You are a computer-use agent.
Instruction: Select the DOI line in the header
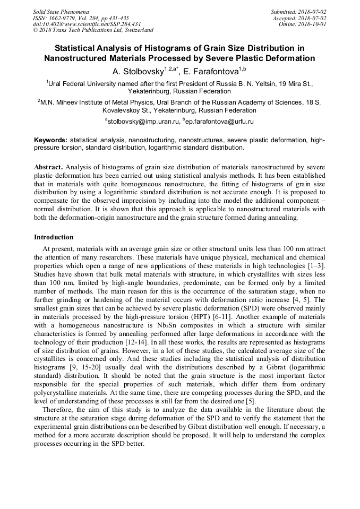pos(87,24)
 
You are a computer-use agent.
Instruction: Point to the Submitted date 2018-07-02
pos(313,12)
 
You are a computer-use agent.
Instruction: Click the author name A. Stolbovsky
pos(143,71)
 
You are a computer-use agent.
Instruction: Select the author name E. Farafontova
pos(211,71)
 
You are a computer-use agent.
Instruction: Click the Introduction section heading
pos(54,237)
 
